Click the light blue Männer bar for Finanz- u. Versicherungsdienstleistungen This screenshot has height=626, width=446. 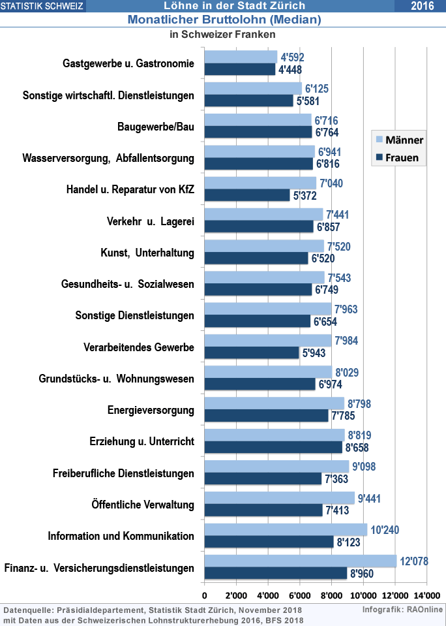point(300,561)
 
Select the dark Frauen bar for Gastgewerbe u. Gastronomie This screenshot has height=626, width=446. point(239,69)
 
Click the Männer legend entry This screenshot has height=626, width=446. point(399,140)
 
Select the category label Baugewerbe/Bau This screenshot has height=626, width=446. point(156,127)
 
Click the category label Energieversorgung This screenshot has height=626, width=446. point(151,410)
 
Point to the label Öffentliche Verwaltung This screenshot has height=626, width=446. point(143,504)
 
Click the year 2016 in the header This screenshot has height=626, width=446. point(422,6)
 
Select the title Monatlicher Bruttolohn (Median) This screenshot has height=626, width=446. point(224,20)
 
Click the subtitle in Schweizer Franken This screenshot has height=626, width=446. point(222,34)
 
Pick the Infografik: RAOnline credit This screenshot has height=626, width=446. point(403,610)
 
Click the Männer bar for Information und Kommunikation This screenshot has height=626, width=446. point(286,529)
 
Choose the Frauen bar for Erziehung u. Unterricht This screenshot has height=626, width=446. point(273,447)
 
